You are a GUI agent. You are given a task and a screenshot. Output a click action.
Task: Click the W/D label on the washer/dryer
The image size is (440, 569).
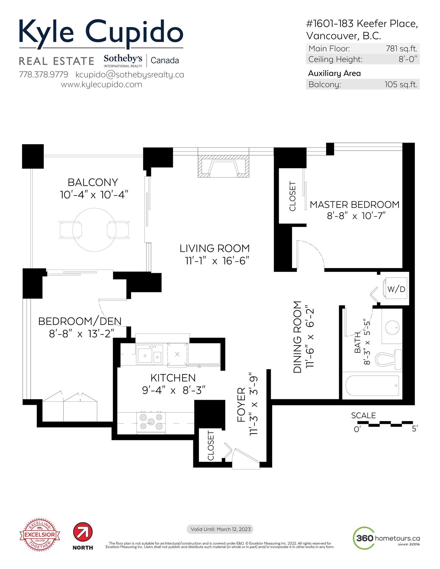tap(396, 289)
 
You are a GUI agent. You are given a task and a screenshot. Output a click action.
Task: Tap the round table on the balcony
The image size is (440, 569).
tap(94, 230)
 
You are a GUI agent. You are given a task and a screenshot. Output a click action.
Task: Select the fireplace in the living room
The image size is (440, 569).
tap(223, 166)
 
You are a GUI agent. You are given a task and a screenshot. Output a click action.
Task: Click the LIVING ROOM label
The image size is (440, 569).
tap(215, 248)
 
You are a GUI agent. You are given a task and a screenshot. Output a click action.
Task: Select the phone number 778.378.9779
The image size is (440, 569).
tap(43, 74)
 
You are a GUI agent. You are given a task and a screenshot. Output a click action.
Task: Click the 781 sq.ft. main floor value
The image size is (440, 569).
tap(402, 49)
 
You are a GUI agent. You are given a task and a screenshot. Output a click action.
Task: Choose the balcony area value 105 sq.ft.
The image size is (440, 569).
tap(401, 84)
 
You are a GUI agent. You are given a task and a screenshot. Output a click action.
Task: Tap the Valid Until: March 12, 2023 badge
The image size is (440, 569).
tap(220, 529)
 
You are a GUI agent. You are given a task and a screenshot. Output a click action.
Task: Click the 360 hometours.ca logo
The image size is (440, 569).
tap(386, 538)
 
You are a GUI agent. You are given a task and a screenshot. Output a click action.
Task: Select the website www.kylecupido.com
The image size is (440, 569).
tap(101, 84)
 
